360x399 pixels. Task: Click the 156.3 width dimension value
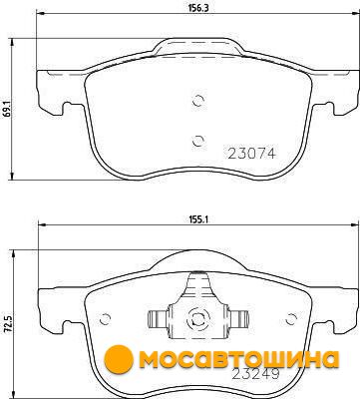click(198, 8)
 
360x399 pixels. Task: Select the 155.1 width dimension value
click(198, 219)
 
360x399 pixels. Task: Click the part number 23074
click(251, 154)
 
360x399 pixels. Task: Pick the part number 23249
click(255, 374)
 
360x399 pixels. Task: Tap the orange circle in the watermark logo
click(119, 359)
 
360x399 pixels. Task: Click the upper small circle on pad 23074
click(198, 101)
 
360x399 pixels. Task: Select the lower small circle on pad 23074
click(198, 141)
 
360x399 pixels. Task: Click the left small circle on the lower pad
click(105, 319)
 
